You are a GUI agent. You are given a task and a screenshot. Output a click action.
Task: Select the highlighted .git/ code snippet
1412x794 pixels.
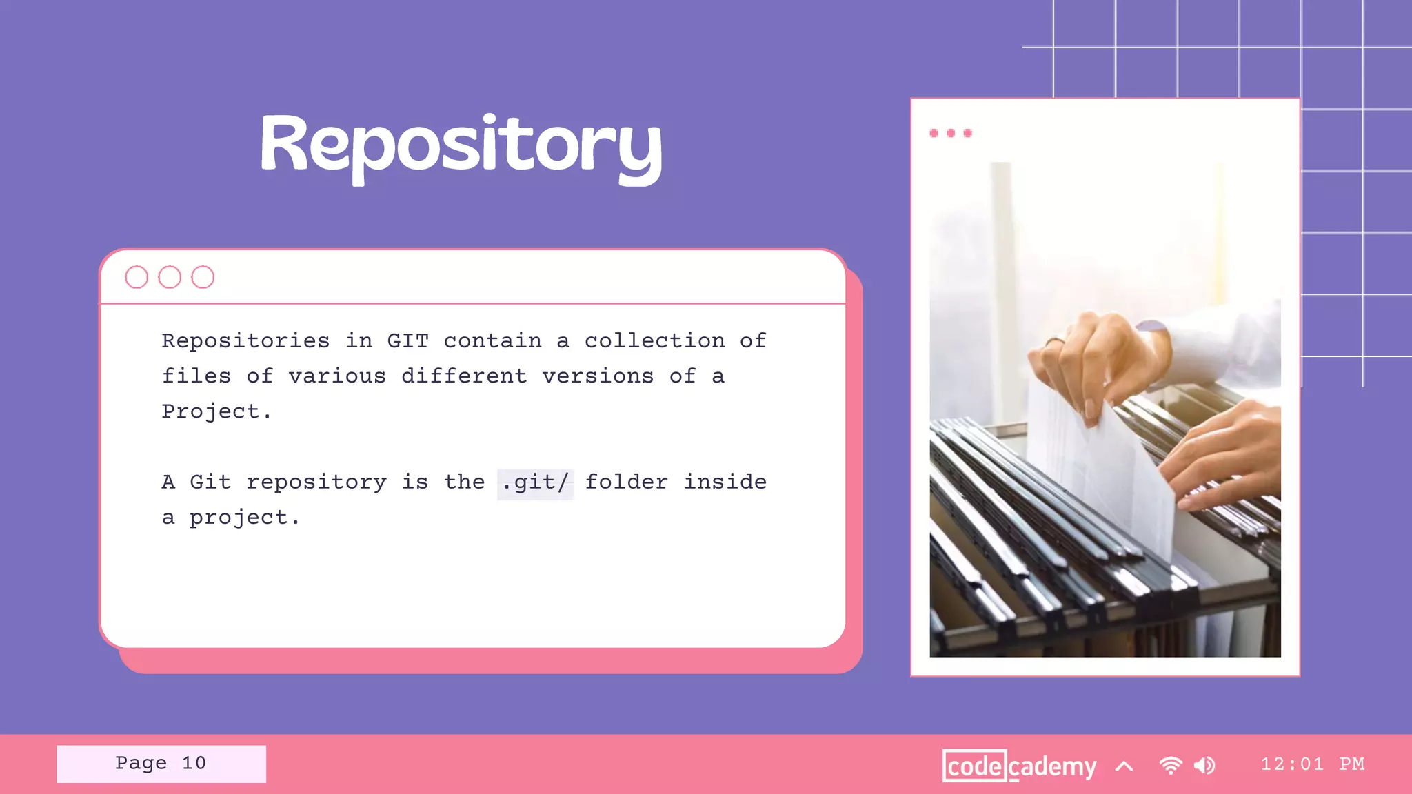(535, 482)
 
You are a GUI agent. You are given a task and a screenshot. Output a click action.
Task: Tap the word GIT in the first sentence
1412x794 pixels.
(407, 340)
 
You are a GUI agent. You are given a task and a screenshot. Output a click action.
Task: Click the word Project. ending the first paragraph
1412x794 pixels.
(216, 411)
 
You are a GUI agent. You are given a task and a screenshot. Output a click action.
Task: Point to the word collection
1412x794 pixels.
(654, 340)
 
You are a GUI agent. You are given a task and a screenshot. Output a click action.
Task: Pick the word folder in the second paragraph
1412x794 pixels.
(626, 482)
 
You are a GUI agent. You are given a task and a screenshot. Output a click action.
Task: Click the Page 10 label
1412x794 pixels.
(161, 763)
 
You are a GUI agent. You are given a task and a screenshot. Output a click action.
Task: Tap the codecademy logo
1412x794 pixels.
(1019, 766)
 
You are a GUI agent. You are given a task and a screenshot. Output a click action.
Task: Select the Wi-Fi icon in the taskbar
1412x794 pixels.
(1171, 765)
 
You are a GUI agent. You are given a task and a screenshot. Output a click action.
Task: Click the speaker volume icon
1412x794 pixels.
(1204, 765)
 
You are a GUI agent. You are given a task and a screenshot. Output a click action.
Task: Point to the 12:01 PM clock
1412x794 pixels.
(1312, 764)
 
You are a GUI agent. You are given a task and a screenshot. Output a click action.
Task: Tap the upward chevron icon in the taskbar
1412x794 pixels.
(1124, 766)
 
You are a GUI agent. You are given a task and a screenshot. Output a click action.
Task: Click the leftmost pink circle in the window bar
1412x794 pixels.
(137, 277)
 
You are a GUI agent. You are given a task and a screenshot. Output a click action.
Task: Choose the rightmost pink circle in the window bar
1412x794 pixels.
(203, 277)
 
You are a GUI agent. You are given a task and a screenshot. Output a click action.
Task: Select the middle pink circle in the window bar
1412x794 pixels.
(170, 277)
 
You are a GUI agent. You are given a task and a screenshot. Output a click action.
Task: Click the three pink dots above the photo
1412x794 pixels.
(951, 133)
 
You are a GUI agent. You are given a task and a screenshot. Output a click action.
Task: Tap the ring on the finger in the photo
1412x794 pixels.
(1055, 340)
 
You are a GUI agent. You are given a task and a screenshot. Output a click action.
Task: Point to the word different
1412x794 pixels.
(464, 376)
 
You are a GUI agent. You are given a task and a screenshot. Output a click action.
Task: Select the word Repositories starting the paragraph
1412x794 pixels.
(245, 340)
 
